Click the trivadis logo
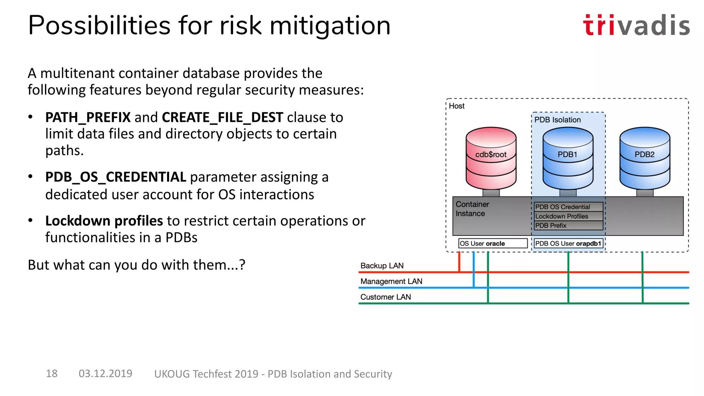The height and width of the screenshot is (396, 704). point(636,25)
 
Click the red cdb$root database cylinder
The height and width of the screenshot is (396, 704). point(491,158)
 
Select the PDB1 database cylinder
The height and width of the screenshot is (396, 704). point(568,158)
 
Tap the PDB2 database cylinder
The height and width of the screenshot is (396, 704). point(645,158)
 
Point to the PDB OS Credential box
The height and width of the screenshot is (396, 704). point(568,207)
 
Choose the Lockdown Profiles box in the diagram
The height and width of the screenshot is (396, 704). point(568,216)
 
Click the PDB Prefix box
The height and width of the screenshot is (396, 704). point(568,225)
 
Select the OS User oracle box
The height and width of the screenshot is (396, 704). point(493,243)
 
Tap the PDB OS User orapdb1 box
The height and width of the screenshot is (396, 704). point(568,243)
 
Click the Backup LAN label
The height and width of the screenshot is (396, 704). point(382,266)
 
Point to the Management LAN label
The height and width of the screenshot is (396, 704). point(391,281)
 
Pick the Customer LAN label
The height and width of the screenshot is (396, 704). point(385,297)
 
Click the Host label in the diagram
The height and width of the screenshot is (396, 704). point(456,106)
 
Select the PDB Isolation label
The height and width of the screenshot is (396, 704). point(557,120)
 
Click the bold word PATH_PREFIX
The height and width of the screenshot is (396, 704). point(88,118)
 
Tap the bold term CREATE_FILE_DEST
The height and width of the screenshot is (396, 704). point(222,118)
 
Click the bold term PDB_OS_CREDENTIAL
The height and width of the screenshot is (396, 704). point(115,177)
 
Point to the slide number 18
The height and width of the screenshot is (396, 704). point(52,374)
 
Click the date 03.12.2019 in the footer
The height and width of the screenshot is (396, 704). point(105,374)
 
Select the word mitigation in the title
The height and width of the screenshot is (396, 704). point(330,26)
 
